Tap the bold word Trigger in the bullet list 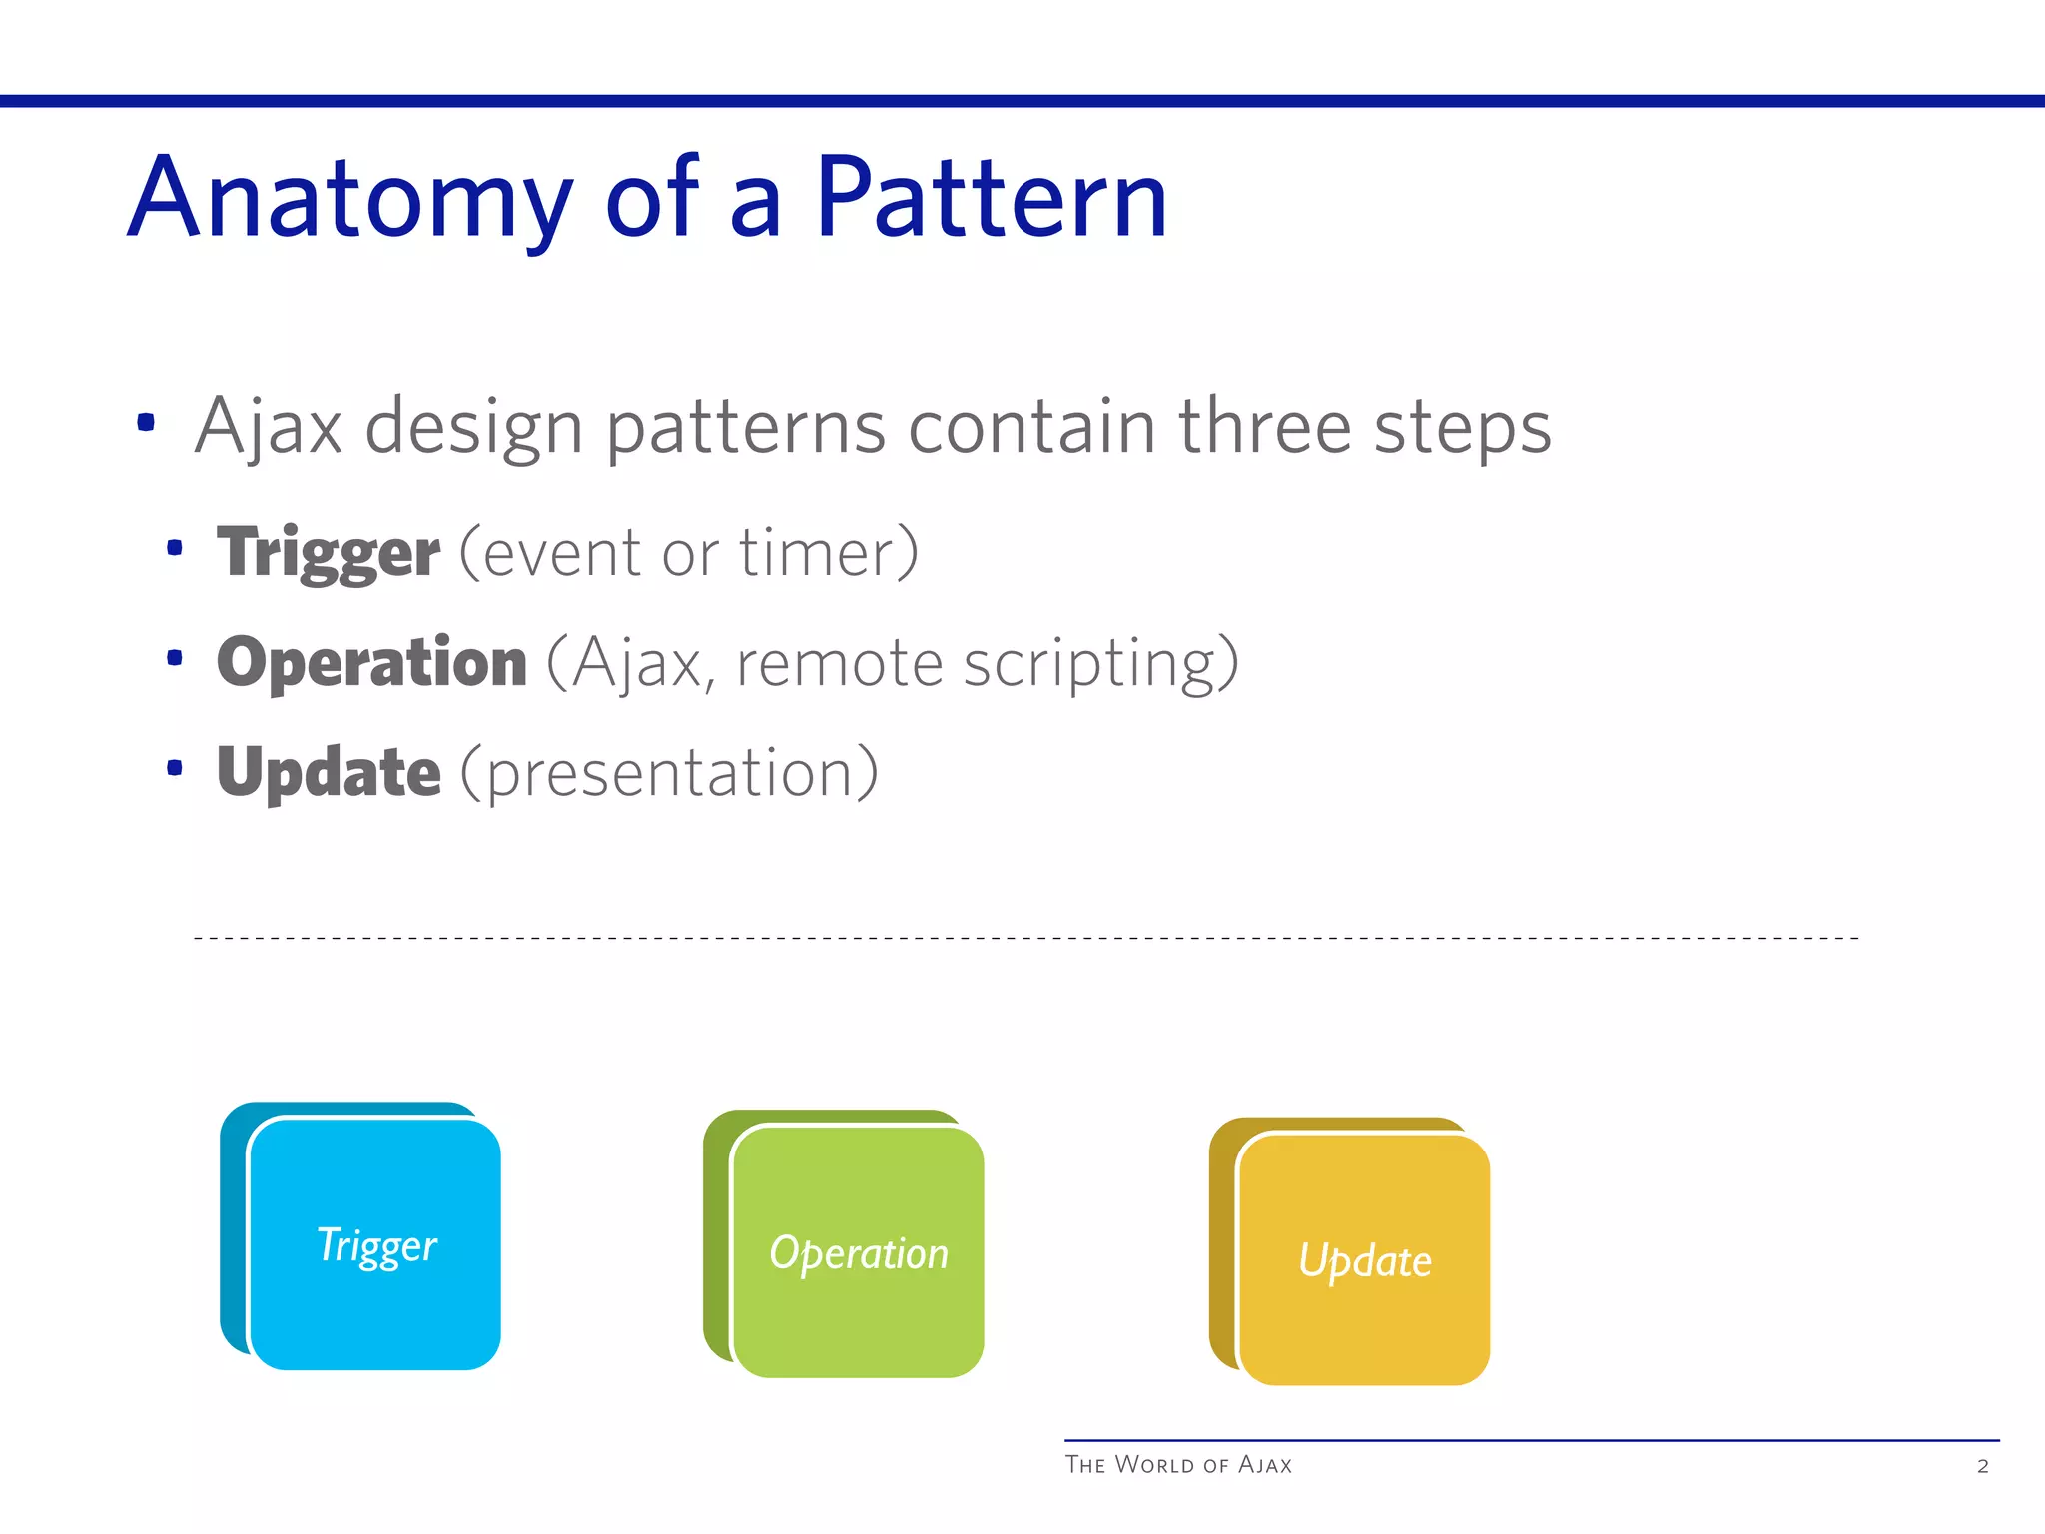click(x=329, y=553)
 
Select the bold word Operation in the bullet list click(x=371, y=662)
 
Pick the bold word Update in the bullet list click(x=329, y=772)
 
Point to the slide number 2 click(x=1983, y=1466)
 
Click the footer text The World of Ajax click(x=1178, y=1465)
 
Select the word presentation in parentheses click(x=670, y=774)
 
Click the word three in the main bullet click(x=1264, y=426)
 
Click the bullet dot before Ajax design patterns click(x=146, y=422)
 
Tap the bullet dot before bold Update click(x=175, y=767)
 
